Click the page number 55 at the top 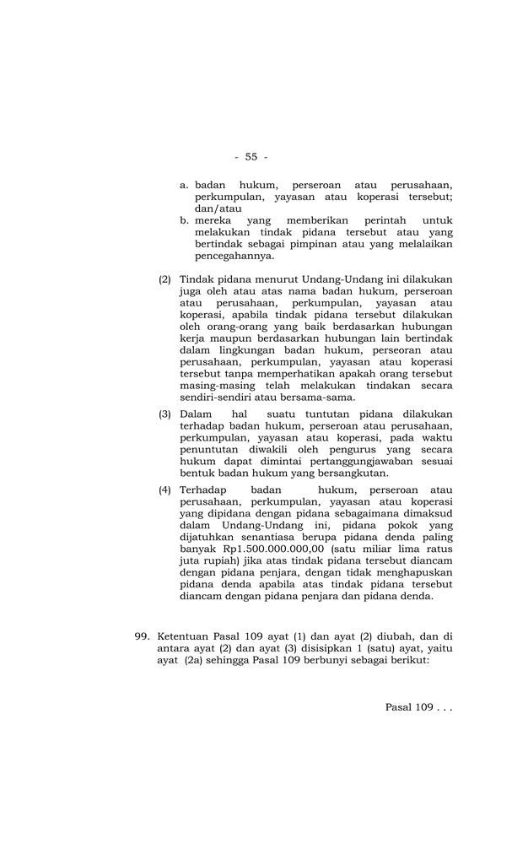coord(251,157)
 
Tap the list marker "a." coord(186,184)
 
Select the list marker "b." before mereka coord(186,219)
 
